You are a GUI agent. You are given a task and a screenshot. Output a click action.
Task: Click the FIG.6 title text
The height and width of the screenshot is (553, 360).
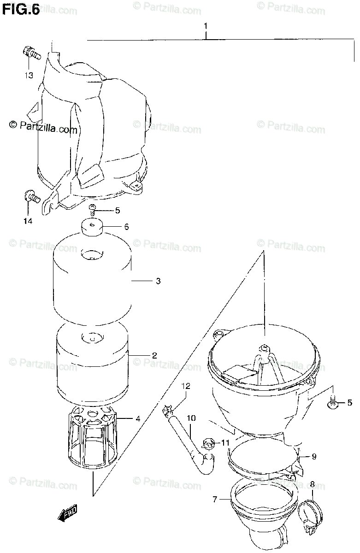(21, 10)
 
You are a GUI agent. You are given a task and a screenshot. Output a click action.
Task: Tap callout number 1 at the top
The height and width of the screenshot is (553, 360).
(206, 27)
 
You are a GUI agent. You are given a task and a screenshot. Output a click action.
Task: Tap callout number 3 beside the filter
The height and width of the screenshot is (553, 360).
(158, 281)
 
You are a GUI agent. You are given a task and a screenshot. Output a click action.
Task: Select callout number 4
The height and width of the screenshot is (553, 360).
(138, 419)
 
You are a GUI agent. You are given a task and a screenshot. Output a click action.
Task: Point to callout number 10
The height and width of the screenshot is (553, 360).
(191, 418)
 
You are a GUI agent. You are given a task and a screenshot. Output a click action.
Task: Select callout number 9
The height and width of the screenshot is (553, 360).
(313, 457)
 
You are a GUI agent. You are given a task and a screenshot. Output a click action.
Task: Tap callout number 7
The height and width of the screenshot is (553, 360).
(215, 499)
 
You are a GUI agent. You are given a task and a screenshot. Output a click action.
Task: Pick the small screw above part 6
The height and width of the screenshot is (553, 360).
(93, 210)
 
